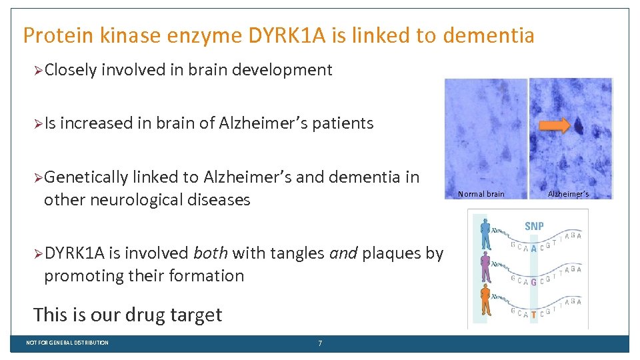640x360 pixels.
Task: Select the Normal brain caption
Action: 481,194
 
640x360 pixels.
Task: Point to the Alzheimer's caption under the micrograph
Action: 568,194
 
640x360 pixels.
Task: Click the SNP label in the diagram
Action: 534,226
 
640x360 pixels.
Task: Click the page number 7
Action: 320,343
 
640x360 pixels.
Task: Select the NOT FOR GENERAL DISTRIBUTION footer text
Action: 67,343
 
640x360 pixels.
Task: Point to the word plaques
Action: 393,253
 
